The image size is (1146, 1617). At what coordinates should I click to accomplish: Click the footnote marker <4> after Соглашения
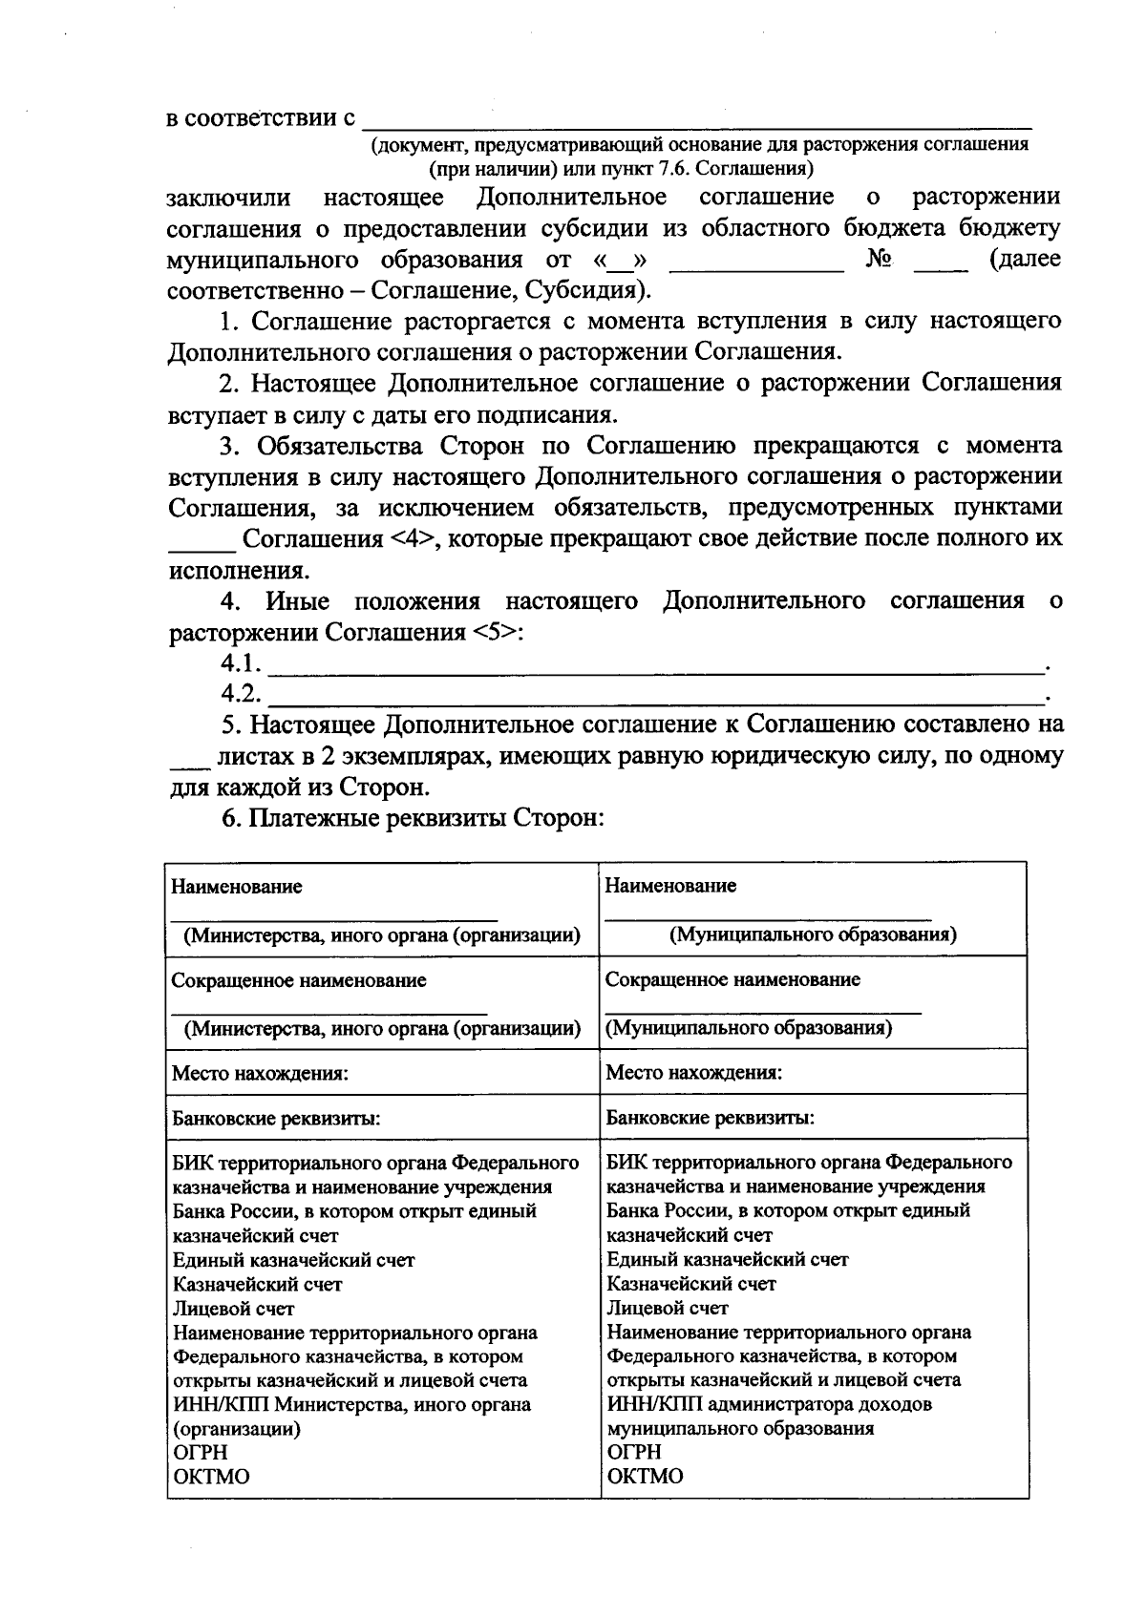413,539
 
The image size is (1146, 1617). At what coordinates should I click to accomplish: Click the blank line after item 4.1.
654,665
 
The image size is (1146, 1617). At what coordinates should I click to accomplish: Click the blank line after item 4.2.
654,696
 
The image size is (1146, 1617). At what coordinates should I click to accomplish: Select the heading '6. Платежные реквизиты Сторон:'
414,819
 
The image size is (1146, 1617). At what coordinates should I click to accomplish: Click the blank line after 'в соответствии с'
697,121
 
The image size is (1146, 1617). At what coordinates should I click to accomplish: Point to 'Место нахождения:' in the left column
260,1073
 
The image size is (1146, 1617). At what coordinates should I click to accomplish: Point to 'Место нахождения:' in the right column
694,1072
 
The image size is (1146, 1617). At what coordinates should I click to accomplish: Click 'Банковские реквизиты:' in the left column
276,1119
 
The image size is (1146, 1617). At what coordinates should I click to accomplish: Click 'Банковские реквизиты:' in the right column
711,1118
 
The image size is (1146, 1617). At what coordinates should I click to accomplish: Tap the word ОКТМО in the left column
211,1477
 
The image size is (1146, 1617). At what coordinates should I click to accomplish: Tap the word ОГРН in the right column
634,1452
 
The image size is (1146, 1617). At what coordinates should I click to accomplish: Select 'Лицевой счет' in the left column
234,1309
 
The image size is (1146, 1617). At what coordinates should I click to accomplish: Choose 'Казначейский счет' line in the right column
691,1284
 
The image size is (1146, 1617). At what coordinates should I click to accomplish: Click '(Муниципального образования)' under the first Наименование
813,934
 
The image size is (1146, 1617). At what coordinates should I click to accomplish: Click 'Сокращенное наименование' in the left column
299,980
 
